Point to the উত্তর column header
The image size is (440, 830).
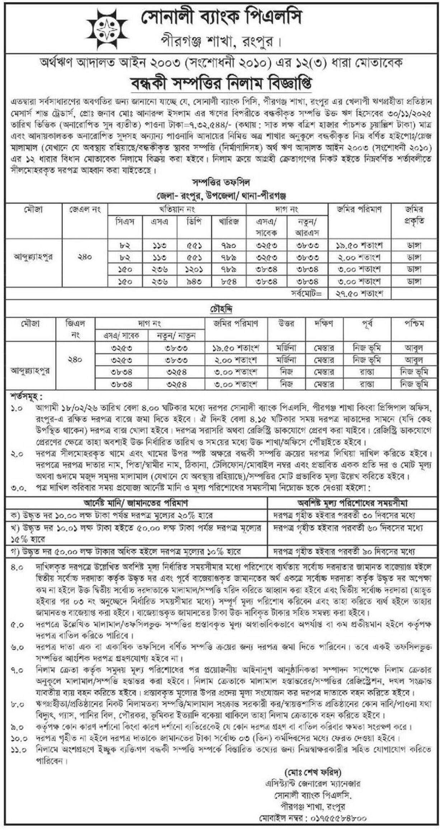point(286,324)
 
